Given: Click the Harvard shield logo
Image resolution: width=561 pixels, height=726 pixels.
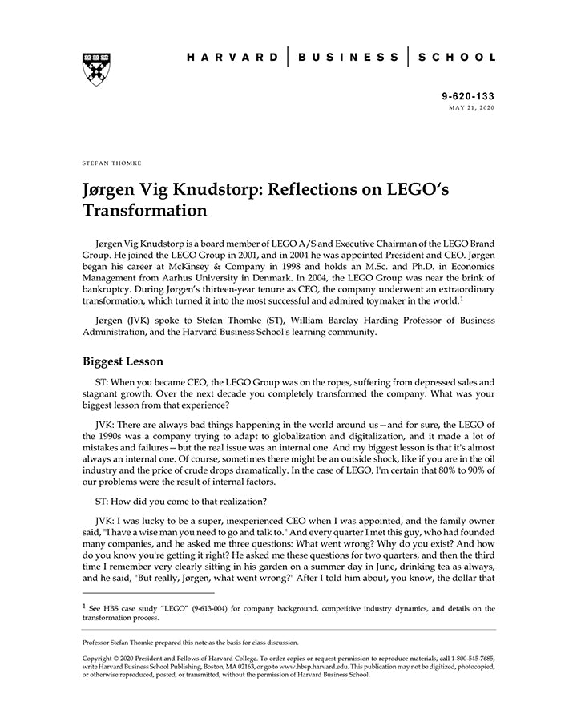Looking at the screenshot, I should point(95,69).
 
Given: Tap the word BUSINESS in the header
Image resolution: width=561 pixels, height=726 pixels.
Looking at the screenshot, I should point(348,57).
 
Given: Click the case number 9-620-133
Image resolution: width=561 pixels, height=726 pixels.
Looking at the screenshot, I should point(468,95).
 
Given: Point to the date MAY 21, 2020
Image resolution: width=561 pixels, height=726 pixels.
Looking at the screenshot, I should point(472,107).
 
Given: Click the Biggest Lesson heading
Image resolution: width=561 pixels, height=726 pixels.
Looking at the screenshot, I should point(123,361).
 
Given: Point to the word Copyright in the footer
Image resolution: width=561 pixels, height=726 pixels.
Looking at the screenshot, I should point(99,658).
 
